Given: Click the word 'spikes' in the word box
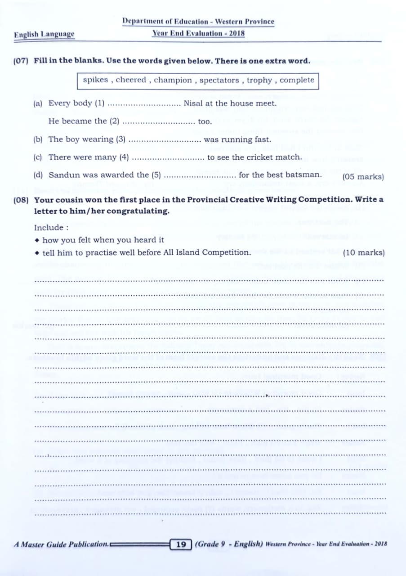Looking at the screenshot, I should (95, 81).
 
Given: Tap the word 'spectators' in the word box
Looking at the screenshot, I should (219, 81).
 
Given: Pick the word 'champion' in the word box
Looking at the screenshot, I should (173, 81).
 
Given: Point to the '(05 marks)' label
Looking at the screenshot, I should (363, 177).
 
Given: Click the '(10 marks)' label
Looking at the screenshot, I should (363, 253).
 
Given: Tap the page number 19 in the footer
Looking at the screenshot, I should (181, 544).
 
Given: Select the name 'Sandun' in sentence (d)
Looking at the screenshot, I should (62, 175).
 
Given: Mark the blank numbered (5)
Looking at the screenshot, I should (200, 175).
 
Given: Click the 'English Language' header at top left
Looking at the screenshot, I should (44, 34).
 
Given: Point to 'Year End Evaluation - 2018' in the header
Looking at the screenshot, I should (198, 33).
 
